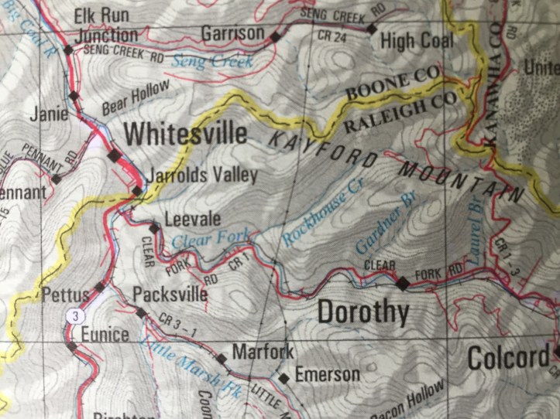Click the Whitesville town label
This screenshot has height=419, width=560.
tap(186, 134)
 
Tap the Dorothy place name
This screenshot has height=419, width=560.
tap(363, 312)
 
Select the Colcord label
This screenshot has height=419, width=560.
tap(507, 359)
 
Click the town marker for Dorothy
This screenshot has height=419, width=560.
tap(402, 284)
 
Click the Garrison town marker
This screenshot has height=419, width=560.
tap(274, 36)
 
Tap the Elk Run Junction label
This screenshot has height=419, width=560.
tap(106, 26)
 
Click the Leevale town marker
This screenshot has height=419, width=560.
tap(154, 228)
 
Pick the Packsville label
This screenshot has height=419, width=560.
tap(170, 295)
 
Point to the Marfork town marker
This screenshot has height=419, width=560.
tap(222, 359)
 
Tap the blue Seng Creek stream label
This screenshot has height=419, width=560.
tap(212, 60)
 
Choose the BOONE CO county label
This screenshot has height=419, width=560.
tap(393, 83)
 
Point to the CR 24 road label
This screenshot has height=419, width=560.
tap(332, 36)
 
